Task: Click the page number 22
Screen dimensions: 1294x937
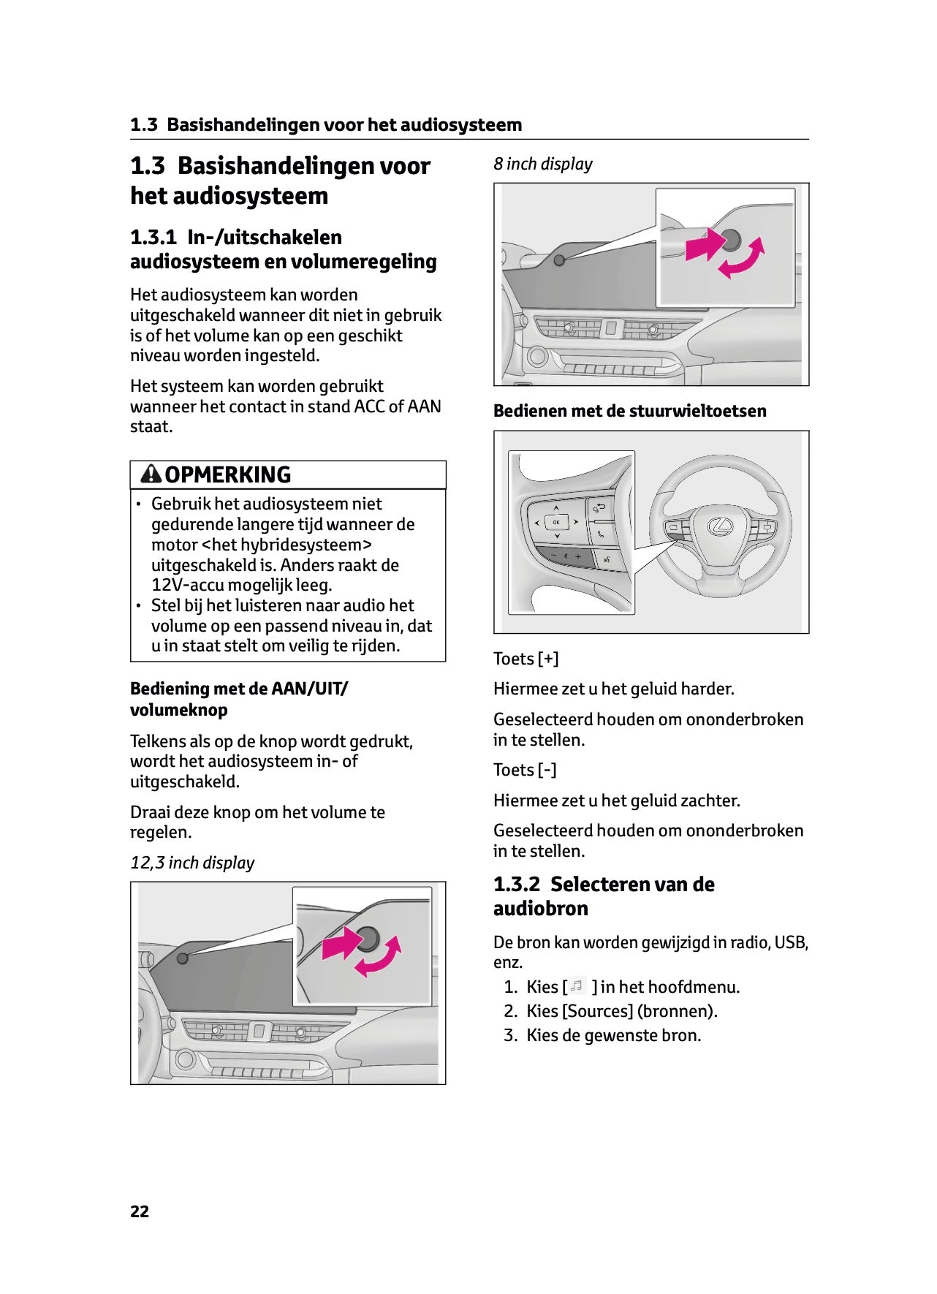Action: tap(140, 1211)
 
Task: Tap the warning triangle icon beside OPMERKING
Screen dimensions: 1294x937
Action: tap(151, 474)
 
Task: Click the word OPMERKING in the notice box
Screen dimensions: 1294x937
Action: tap(227, 475)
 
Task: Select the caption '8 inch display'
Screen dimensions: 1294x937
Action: tap(542, 164)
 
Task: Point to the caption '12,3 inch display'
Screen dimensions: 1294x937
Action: tap(192, 863)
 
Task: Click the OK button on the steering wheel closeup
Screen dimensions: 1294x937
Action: tap(556, 522)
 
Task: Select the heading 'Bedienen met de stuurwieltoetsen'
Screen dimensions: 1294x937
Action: tap(629, 411)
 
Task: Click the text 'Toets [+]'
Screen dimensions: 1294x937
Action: tap(526, 659)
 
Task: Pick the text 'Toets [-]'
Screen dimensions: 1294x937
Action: tap(525, 770)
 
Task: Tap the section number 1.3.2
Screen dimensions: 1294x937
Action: tap(516, 885)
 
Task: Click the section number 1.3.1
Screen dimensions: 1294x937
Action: tap(153, 237)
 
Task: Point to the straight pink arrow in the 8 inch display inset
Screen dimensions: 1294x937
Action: tap(705, 245)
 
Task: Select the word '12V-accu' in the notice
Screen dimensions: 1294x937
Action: tap(187, 585)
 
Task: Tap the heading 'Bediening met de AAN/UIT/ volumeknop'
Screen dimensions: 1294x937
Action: tap(239, 699)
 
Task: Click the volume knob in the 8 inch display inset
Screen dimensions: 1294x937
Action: tap(731, 239)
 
